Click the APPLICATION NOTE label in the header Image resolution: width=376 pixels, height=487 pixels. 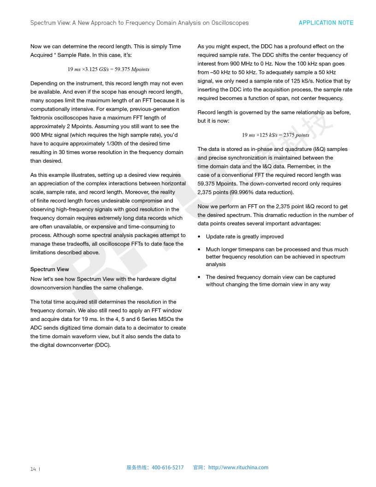326,23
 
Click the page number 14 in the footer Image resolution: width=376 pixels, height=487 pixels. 33,469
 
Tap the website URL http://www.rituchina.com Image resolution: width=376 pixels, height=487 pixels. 238,467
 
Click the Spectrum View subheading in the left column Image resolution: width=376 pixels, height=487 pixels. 49,269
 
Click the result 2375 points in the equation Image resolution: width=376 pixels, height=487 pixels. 296,135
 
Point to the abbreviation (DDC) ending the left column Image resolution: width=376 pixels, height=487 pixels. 101,345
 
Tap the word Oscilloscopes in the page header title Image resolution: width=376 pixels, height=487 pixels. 230,23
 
